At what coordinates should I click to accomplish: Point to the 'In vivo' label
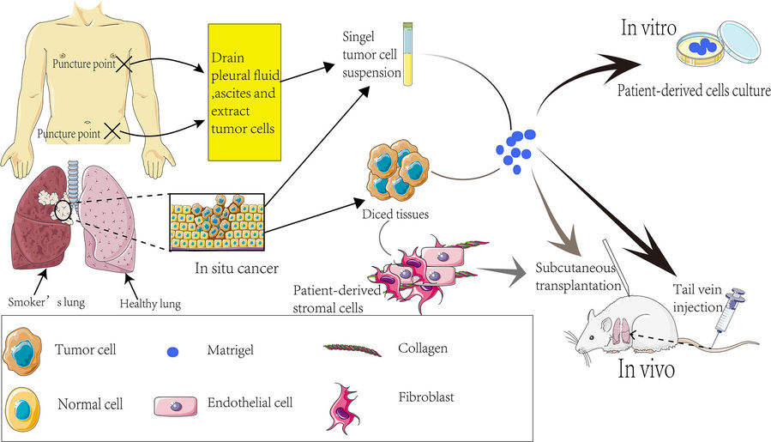pos(647,369)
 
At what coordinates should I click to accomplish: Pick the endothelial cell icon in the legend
pos(177,407)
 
